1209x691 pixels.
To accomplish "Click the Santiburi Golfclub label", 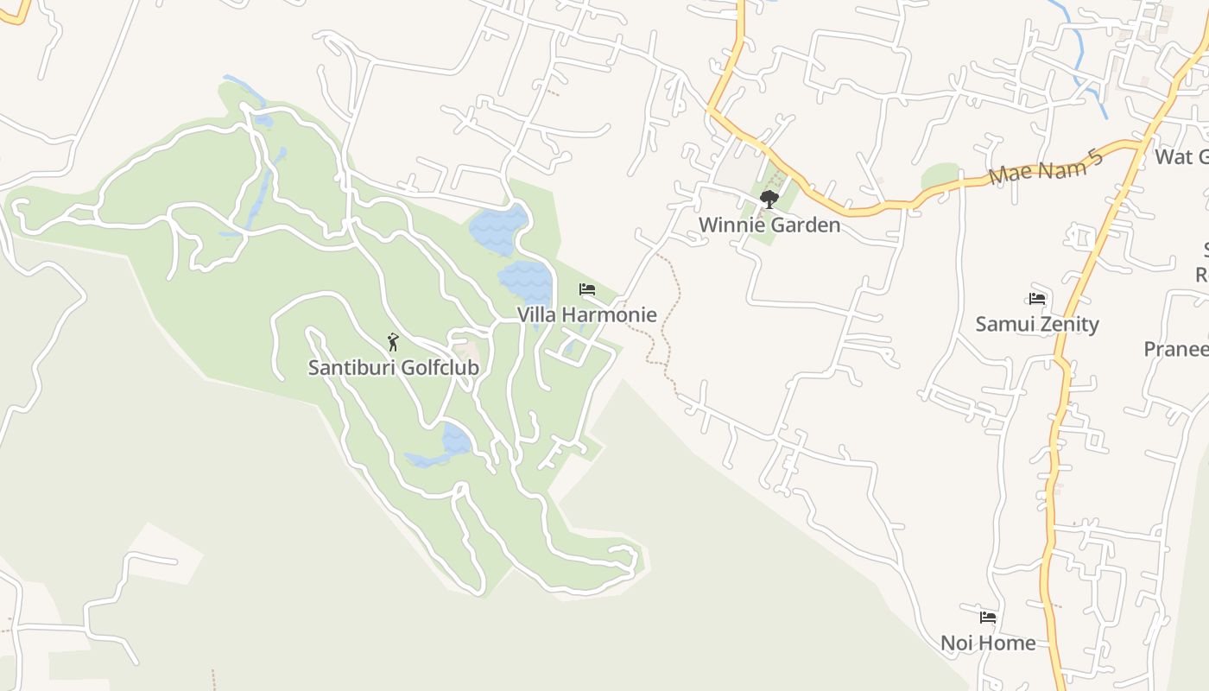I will pos(393,367).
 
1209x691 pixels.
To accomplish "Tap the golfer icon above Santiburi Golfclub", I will pos(393,342).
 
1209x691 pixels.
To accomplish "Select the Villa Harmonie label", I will pos(586,314).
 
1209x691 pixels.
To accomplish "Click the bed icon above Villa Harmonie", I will pos(587,288).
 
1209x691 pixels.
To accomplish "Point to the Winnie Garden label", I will pos(769,225).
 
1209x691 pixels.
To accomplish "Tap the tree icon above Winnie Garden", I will pos(769,200).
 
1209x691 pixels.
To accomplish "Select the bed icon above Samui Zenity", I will pos(1037,299).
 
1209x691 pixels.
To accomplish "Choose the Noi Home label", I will pos(988,643).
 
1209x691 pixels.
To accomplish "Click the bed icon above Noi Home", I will pos(988,618).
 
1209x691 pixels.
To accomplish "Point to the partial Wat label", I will pos(1181,156).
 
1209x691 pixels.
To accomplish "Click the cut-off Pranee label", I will pos(1176,349).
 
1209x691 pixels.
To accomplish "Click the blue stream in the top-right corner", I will pos(1079,56).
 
